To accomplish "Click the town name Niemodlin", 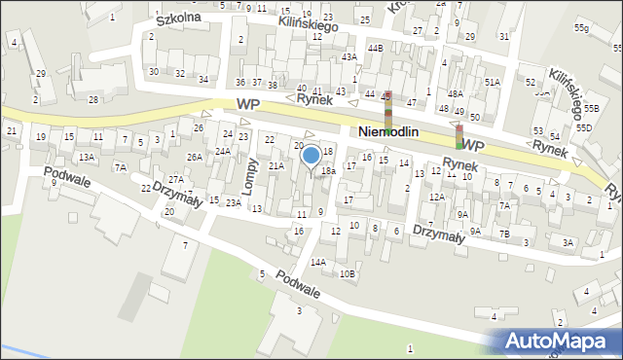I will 402,131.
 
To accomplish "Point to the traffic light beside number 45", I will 386,110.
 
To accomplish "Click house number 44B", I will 375,48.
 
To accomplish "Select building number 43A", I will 349,57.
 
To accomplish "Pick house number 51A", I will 493,83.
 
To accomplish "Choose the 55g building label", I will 581,28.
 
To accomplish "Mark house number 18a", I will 329,171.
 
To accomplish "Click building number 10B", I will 348,274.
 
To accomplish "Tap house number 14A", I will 317,262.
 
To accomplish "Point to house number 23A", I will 234,202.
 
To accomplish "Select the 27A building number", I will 175,179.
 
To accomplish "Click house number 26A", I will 195,157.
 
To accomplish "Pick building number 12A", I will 437,198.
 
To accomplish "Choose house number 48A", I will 455,93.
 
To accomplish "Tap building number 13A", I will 87,157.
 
